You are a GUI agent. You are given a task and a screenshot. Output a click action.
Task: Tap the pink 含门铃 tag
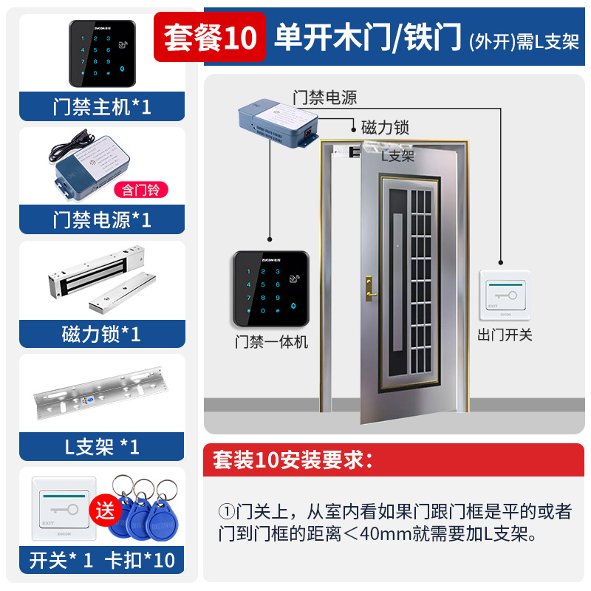(x=140, y=190)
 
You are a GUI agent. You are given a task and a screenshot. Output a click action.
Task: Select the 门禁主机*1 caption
(x=102, y=107)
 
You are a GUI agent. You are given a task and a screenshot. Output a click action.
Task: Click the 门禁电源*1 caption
(x=102, y=220)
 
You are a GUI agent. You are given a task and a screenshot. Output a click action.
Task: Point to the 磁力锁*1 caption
(x=102, y=334)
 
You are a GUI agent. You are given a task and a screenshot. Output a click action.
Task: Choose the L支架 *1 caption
(x=102, y=446)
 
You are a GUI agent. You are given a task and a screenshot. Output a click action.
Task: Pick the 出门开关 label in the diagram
(x=505, y=335)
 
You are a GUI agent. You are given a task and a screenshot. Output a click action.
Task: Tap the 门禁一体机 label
(x=271, y=342)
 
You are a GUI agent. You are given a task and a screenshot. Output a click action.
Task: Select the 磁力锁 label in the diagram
(x=384, y=127)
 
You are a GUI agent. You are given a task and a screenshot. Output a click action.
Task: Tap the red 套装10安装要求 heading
(x=288, y=460)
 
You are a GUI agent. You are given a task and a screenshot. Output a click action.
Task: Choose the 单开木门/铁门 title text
(x=368, y=38)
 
